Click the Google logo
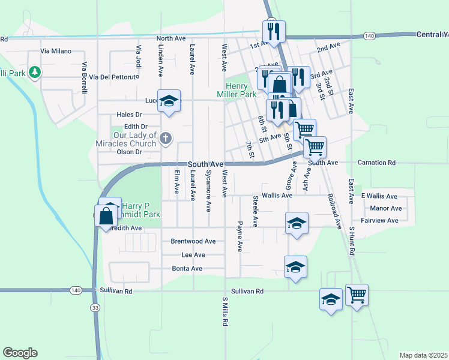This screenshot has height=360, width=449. pyautogui.click(x=20, y=353)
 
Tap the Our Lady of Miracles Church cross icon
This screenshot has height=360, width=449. pyautogui.click(x=166, y=140)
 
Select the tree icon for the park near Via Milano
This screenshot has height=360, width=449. pyautogui.click(x=35, y=73)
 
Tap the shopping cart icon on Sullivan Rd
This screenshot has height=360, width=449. pyautogui.click(x=357, y=295)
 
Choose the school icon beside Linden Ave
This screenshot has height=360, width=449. pyautogui.click(x=170, y=101)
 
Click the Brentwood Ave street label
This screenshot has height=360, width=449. pyautogui.click(x=193, y=241)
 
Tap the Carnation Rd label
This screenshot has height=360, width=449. pyautogui.click(x=376, y=163)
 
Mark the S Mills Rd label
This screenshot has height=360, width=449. pyautogui.click(x=225, y=311)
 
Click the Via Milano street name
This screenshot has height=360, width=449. pyautogui.click(x=56, y=52)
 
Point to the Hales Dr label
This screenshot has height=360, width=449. pyautogui.click(x=129, y=115)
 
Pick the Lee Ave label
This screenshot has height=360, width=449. pyautogui.click(x=193, y=255)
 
